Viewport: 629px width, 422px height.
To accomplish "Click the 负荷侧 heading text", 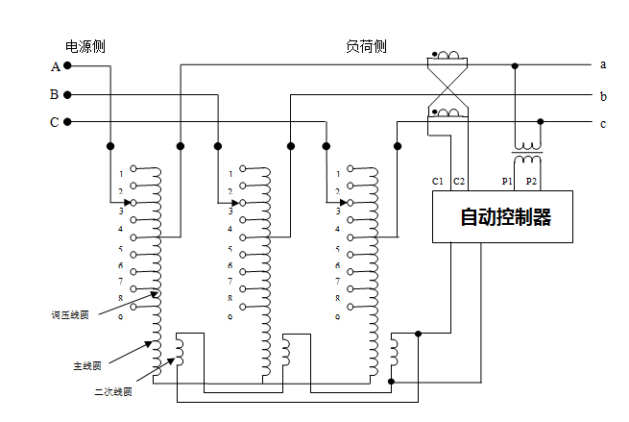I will pos(366,46).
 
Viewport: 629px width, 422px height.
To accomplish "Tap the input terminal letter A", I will pos(55,67).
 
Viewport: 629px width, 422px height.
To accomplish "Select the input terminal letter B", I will pos(55,95).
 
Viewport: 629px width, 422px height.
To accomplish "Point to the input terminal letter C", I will pos(55,122).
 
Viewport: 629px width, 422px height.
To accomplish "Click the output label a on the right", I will pos(603,65).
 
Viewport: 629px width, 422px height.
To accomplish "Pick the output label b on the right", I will pos(603,96).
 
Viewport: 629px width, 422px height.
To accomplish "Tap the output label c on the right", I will pos(603,123).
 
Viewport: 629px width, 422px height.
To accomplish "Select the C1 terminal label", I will pos(438,181).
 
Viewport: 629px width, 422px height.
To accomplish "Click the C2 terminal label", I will pos(459,181).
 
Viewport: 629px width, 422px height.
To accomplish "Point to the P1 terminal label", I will pos(507,181).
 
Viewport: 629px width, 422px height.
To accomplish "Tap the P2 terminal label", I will pos(532,181).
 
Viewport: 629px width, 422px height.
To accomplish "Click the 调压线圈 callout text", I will pos(69,314).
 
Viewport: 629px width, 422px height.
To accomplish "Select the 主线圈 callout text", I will pos(87,365).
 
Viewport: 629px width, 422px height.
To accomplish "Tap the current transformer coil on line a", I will pos(448,57).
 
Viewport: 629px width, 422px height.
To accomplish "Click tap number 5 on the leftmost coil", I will pos(121,249).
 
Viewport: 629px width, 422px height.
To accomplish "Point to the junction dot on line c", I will pos(542,122).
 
